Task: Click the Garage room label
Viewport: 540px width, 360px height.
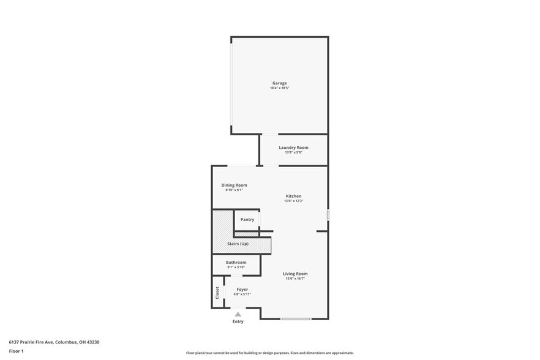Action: click(280, 83)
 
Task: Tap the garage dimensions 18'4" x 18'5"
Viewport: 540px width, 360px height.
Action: click(280, 88)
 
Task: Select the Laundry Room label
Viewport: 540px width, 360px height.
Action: click(293, 148)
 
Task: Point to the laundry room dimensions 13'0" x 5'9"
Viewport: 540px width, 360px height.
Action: click(293, 152)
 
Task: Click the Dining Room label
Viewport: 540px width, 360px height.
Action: click(234, 185)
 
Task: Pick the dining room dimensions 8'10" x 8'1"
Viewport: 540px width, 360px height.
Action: click(234, 190)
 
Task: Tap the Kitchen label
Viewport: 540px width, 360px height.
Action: click(293, 196)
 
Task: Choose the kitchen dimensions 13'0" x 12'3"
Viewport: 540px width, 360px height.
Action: click(293, 201)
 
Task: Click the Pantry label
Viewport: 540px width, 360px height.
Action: click(247, 219)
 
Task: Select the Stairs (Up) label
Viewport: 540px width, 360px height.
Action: click(238, 244)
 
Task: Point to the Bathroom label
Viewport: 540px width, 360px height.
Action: click(236, 262)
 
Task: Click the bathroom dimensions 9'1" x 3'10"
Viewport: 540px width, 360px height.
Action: click(236, 267)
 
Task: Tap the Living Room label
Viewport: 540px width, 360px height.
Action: click(295, 274)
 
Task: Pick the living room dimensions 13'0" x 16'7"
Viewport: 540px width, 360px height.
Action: click(295, 279)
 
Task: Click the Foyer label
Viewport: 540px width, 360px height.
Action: click(242, 289)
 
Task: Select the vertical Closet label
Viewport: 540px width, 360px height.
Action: click(217, 293)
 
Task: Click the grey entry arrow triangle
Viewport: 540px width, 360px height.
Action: click(238, 314)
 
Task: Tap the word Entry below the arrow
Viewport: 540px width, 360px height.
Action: click(238, 321)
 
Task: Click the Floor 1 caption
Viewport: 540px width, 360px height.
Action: click(16, 351)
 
